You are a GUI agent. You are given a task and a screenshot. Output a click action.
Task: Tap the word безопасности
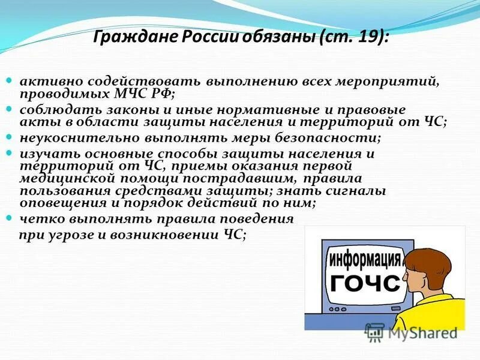(x=339, y=137)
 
